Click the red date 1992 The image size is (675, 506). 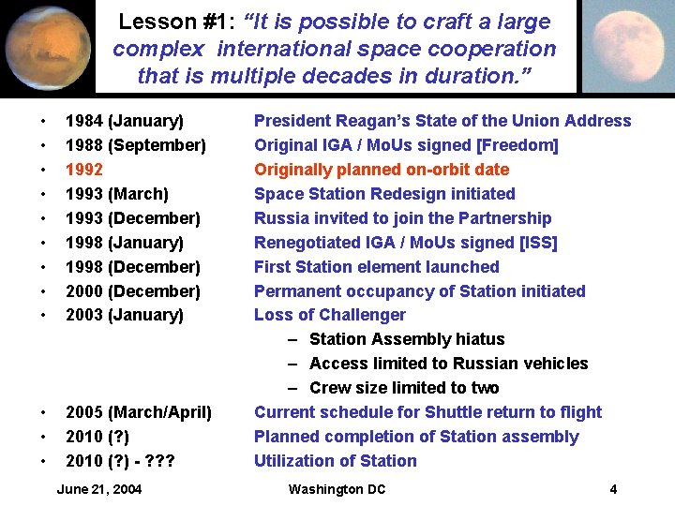[84, 170]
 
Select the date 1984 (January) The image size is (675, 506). [124, 121]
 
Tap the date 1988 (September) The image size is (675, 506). [135, 145]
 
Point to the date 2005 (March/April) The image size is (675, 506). [138, 412]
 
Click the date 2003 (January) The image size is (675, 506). [124, 315]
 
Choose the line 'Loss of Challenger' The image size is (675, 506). [330, 315]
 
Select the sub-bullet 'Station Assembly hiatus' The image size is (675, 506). [406, 339]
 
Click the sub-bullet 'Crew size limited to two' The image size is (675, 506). [403, 388]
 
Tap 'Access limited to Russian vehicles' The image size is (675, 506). [448, 364]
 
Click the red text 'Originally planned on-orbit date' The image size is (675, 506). [382, 170]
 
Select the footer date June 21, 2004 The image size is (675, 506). [99, 489]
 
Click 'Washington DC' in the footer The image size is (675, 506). [337, 489]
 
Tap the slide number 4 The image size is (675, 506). [613, 489]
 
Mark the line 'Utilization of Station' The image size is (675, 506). [336, 461]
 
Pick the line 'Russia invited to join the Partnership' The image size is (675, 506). [403, 218]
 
